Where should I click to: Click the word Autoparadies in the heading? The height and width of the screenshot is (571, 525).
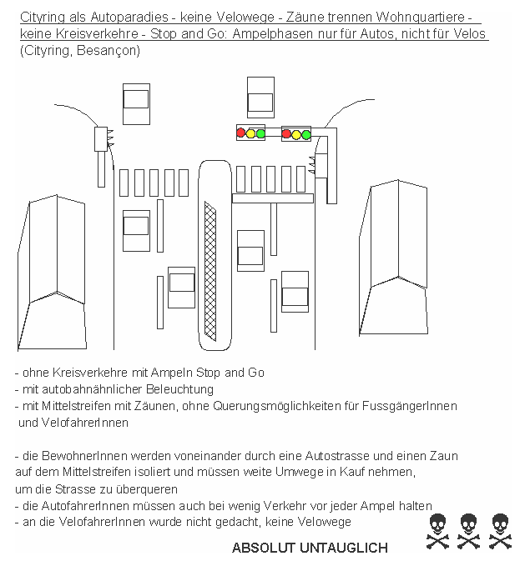click(x=121, y=18)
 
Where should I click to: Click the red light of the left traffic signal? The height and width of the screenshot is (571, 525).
click(x=241, y=133)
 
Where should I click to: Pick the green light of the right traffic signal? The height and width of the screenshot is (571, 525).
click(x=306, y=133)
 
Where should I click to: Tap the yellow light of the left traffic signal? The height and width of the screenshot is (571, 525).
click(x=251, y=133)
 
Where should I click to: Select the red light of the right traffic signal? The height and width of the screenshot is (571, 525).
click(x=286, y=133)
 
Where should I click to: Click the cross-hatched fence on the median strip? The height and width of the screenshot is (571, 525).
click(x=210, y=270)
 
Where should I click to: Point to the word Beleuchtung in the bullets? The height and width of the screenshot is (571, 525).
click(x=181, y=389)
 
